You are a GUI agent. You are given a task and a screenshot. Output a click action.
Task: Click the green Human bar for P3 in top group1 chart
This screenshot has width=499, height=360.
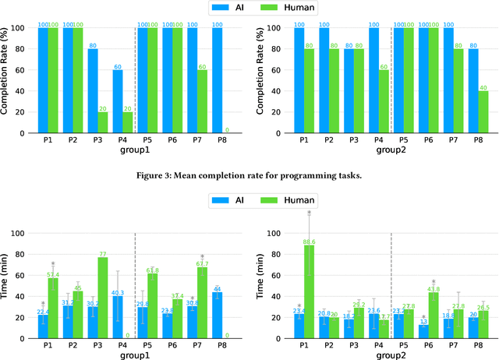[x=103, y=122]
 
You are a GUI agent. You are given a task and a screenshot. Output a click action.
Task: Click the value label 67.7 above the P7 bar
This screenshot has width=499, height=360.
[x=202, y=264]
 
